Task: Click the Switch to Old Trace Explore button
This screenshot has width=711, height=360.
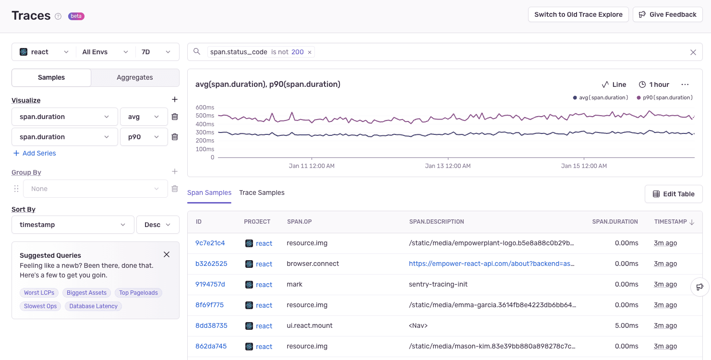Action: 578,14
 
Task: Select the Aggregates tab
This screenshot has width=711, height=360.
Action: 135,77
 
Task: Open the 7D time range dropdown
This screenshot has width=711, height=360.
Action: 157,52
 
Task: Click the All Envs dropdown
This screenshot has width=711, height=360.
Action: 105,52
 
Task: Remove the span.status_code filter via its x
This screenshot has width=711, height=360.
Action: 310,52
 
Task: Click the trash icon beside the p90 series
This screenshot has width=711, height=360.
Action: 175,137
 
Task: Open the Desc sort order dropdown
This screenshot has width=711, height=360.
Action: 158,225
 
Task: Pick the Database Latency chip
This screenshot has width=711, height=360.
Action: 93,306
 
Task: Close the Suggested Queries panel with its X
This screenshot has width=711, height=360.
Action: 167,254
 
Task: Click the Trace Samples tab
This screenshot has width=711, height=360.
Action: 262,192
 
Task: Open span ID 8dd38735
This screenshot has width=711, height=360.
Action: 211,325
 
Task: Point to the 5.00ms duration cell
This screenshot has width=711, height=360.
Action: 627,325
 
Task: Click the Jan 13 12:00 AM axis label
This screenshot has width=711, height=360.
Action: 447,166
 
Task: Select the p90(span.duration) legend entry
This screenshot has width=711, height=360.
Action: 665,97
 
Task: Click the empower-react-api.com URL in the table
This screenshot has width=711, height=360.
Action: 492,264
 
